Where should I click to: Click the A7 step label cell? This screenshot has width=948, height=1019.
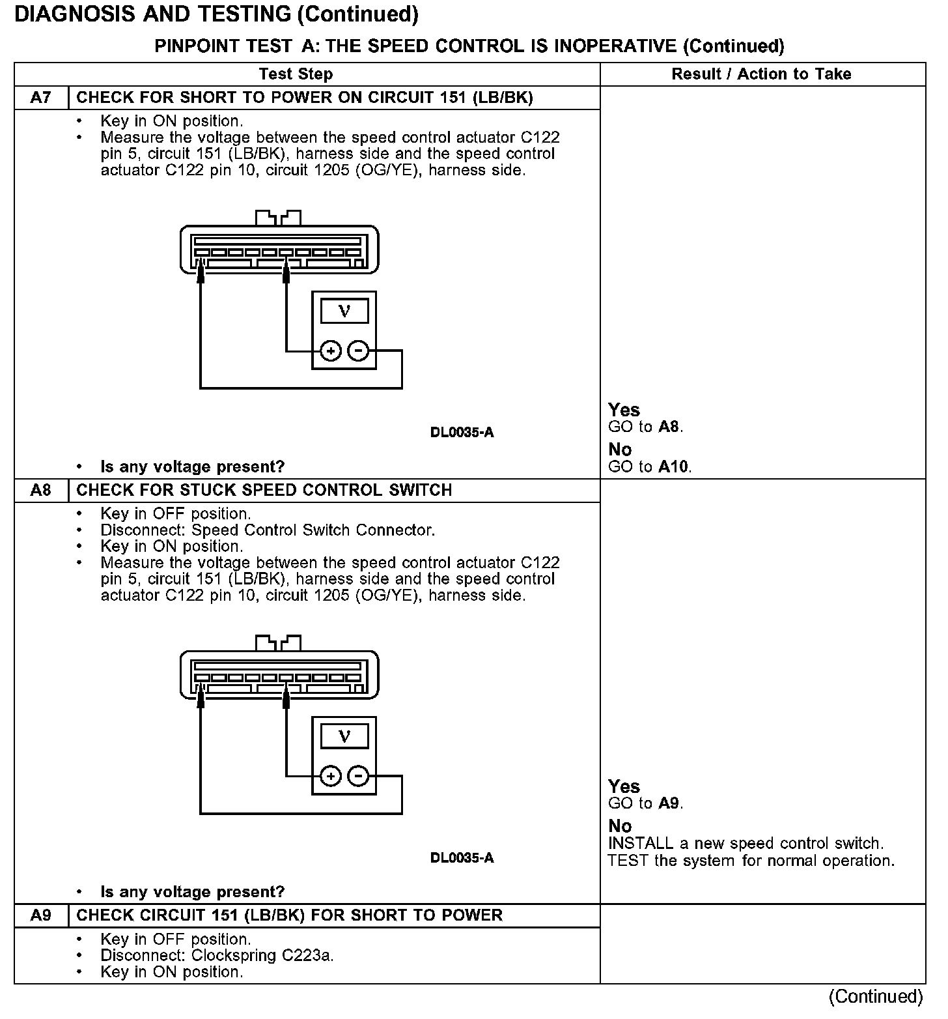[x=40, y=98]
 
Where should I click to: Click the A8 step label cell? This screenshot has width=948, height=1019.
[x=40, y=490]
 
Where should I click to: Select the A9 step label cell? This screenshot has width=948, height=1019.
[x=40, y=915]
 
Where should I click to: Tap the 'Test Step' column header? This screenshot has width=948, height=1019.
[x=296, y=74]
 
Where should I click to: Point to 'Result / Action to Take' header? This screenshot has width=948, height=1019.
[x=761, y=74]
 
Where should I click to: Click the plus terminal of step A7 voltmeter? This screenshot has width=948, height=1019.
[x=331, y=352]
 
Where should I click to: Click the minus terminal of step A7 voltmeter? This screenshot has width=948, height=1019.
[x=358, y=352]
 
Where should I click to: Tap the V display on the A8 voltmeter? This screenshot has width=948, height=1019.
[x=344, y=736]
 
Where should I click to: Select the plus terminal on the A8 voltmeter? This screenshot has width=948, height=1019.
[x=331, y=777]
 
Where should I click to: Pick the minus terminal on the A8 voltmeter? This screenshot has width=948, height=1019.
[x=358, y=777]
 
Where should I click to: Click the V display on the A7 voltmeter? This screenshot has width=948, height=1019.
[x=344, y=311]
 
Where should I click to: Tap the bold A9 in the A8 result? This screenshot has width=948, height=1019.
[x=669, y=803]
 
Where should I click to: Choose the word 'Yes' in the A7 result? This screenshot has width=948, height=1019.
[x=624, y=410]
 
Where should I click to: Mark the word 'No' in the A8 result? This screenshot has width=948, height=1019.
[x=620, y=826]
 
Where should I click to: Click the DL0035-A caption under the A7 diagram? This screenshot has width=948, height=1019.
[x=462, y=433]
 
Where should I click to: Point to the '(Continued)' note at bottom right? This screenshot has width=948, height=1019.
[x=876, y=996]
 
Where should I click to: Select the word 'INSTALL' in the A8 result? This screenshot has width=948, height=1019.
[x=640, y=844]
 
